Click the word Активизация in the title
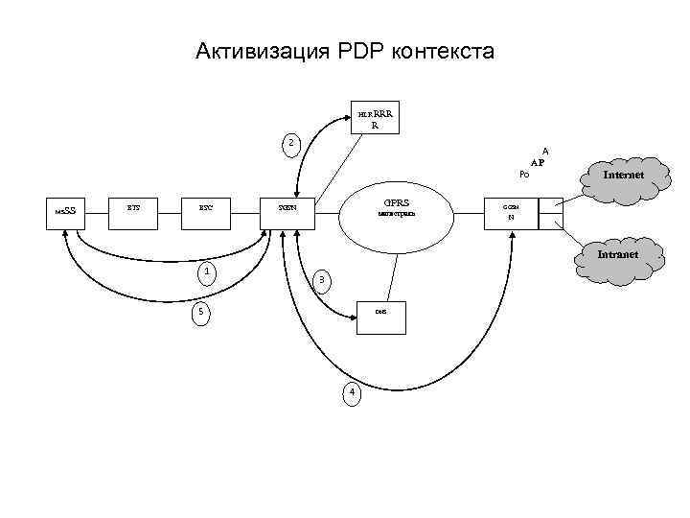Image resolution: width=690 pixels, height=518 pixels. (x=252, y=50)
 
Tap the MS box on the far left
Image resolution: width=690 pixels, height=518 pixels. (x=65, y=210)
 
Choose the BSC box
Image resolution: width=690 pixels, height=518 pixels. (x=207, y=207)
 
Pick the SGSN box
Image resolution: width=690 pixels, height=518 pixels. (x=287, y=207)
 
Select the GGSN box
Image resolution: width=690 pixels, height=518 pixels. (x=510, y=212)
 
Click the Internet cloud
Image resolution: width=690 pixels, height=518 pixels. (x=622, y=175)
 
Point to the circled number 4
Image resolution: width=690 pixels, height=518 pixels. (x=352, y=392)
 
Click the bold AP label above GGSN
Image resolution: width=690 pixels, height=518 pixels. (x=537, y=163)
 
